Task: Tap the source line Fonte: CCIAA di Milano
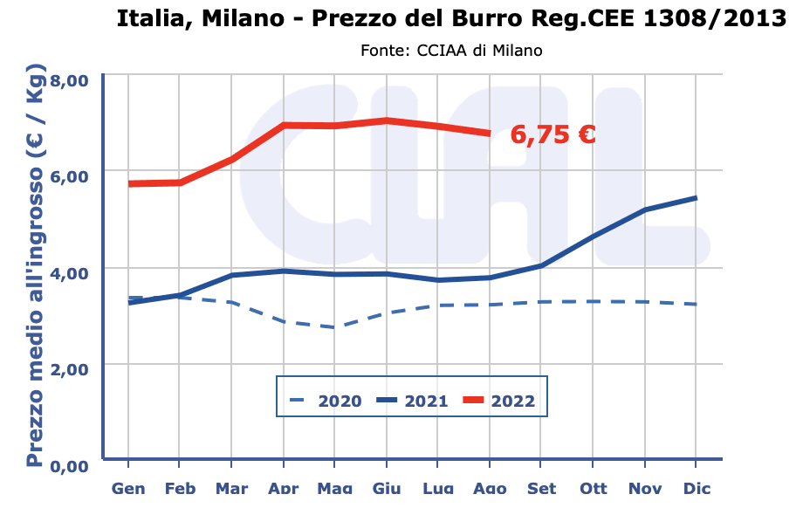click(451, 51)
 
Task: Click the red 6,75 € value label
click(553, 134)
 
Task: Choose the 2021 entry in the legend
click(411, 402)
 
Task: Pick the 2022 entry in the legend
click(498, 402)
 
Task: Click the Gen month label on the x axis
click(128, 488)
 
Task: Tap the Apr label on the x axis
click(283, 488)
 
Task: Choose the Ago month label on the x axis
click(490, 488)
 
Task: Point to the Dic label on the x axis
click(696, 488)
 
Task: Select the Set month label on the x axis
click(541, 488)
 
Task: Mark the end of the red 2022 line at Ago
click(490, 133)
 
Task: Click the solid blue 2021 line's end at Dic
click(696, 198)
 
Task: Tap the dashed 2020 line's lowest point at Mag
click(335, 327)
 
